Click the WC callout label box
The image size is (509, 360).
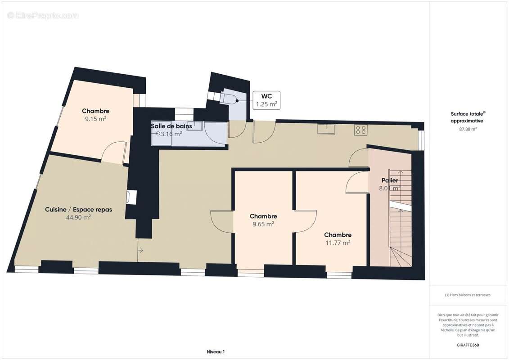click(266, 100)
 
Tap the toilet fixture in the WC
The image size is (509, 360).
click(229, 98)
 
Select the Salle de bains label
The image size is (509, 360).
click(171, 126)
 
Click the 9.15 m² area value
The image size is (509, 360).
click(95, 119)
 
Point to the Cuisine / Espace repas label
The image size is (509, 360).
click(78, 209)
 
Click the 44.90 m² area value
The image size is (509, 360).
click(78, 217)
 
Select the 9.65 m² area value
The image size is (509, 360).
click(263, 224)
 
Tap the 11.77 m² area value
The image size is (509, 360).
click(338, 243)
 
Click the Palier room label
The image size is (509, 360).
click(389, 180)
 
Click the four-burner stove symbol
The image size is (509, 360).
click(360, 130)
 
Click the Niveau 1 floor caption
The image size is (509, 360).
click(215, 352)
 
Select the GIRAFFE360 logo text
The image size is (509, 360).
click(468, 345)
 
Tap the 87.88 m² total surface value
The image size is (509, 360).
click(468, 129)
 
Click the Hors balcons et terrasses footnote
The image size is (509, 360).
click(468, 295)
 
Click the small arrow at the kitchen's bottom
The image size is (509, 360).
click(140, 250)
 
